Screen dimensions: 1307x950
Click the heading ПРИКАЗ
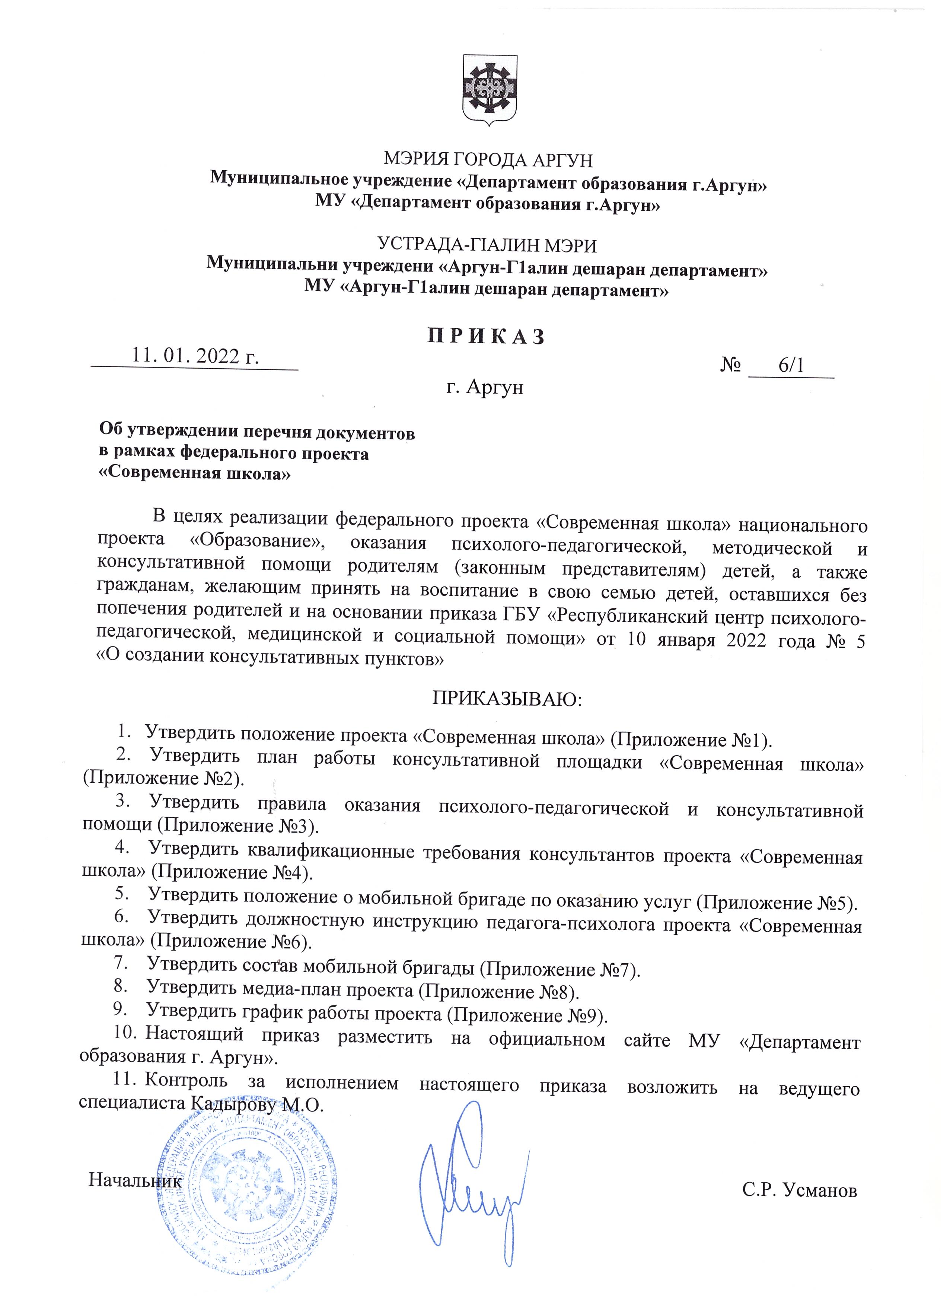[486, 337]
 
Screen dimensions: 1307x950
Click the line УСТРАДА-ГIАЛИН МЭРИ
[487, 246]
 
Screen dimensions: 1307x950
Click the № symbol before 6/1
[730, 365]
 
